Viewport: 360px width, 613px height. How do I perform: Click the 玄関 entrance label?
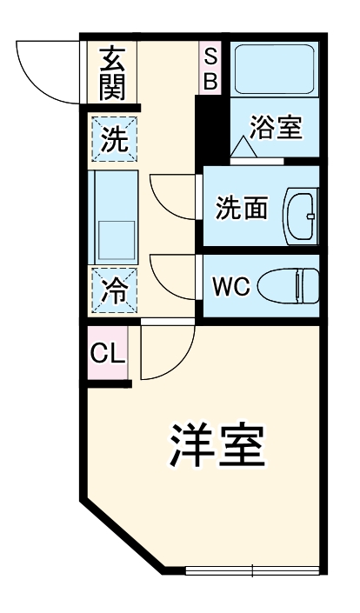point(112,72)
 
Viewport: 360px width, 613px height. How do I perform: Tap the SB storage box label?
point(211,69)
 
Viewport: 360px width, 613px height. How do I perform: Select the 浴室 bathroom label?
point(276,128)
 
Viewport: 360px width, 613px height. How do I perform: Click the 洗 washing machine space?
point(112,138)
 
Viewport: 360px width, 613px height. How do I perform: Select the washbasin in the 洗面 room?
point(303,209)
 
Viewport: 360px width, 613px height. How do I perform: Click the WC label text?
point(232,284)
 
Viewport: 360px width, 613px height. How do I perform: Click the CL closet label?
point(108,354)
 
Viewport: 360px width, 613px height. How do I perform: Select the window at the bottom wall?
point(251,571)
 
